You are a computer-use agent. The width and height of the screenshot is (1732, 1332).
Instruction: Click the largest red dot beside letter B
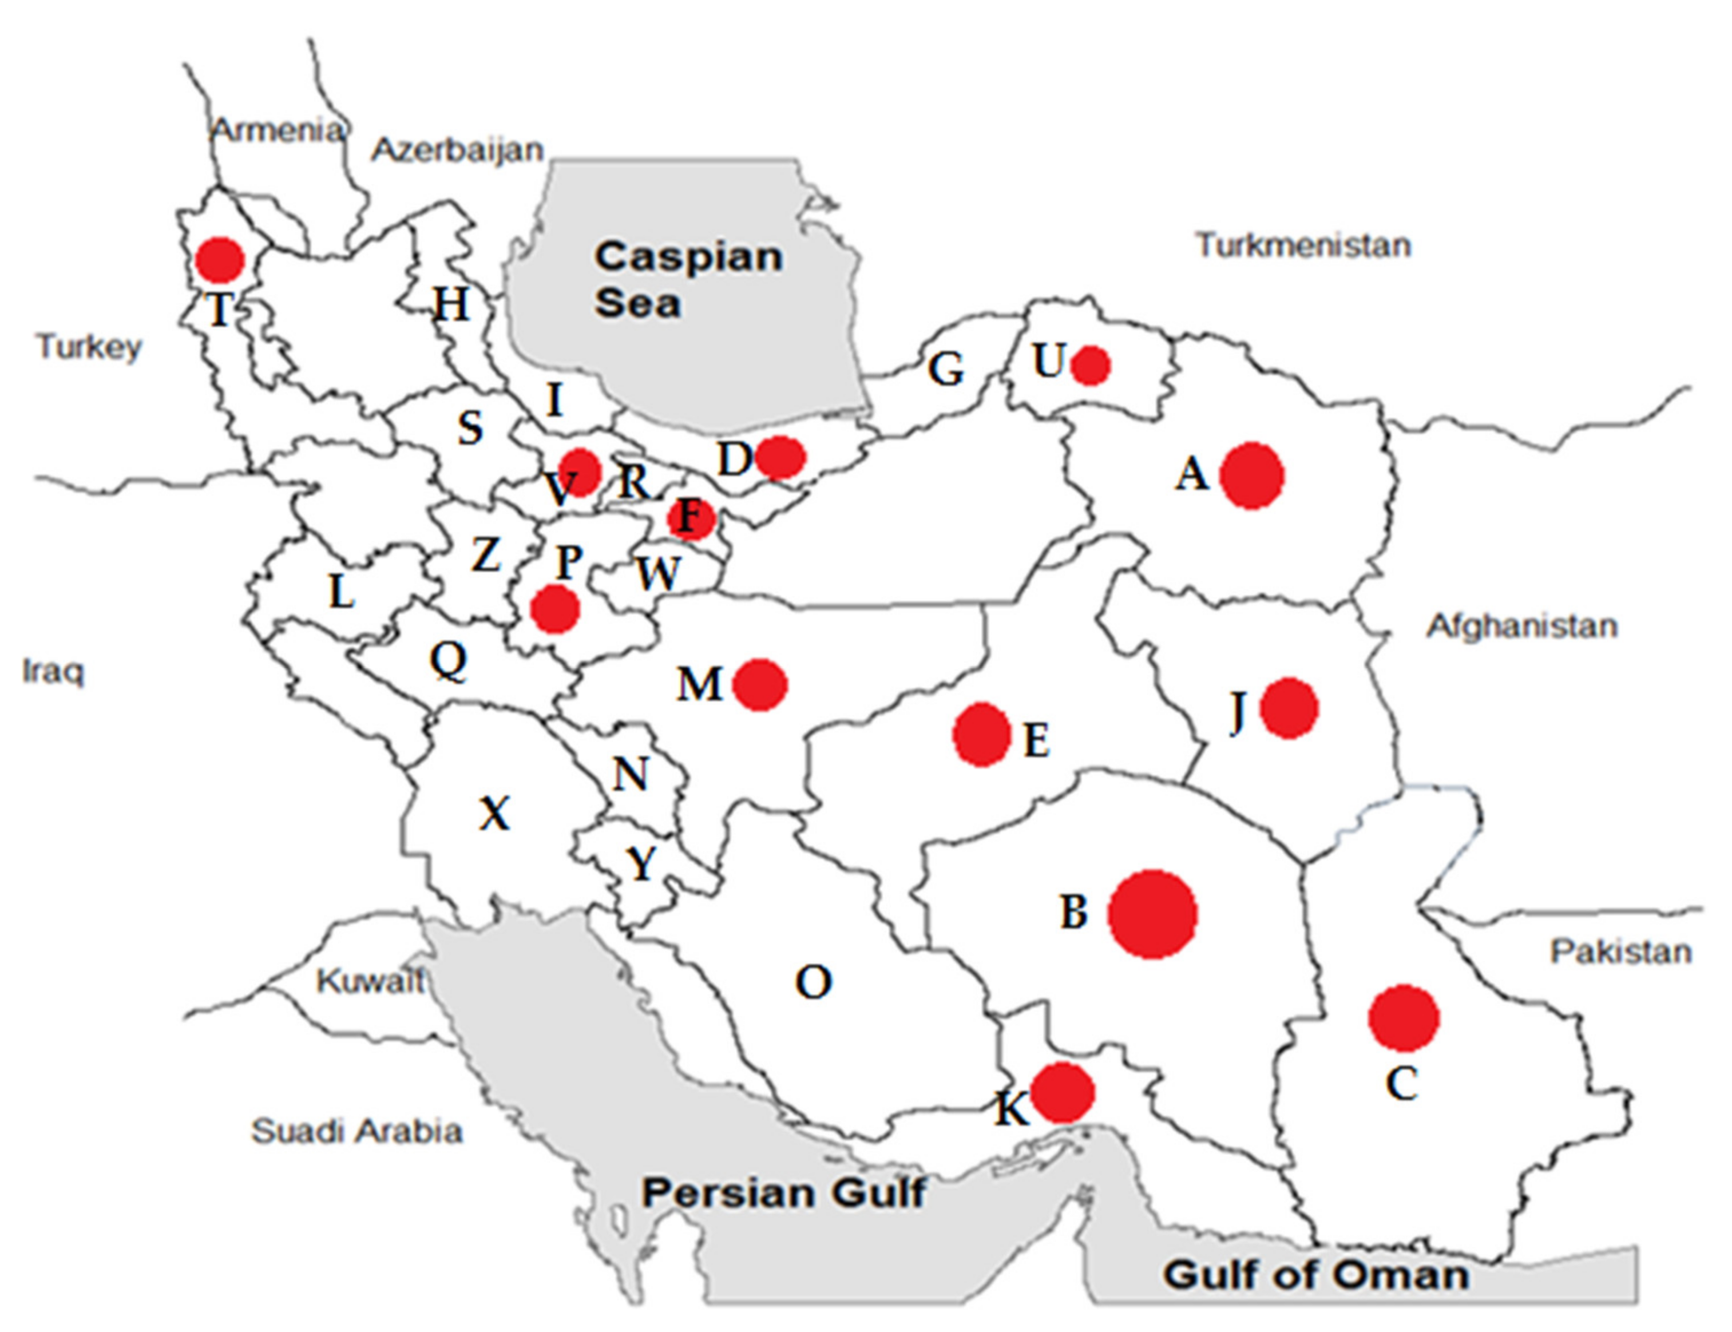click(x=1152, y=914)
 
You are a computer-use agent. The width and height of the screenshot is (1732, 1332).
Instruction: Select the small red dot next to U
click(x=1090, y=366)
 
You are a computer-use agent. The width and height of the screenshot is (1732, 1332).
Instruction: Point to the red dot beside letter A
click(x=1251, y=475)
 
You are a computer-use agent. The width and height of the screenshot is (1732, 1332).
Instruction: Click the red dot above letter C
click(x=1403, y=1018)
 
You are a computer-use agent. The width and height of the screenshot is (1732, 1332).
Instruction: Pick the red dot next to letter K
click(x=1062, y=1093)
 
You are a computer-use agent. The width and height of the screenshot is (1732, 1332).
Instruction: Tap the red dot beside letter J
click(x=1288, y=708)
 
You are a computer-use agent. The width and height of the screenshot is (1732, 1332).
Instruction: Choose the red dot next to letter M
click(x=759, y=684)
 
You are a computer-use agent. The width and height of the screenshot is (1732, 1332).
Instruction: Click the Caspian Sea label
click(x=688, y=279)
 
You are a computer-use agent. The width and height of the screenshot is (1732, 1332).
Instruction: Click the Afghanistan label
click(x=1521, y=627)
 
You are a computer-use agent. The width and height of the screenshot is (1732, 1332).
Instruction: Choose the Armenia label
click(x=278, y=130)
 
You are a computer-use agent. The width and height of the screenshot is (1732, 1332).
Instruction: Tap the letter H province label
click(x=450, y=304)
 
